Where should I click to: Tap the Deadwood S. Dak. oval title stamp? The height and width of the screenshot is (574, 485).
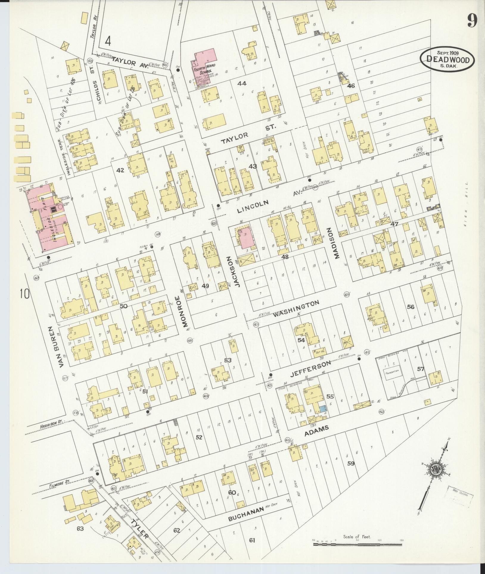coord(447,59)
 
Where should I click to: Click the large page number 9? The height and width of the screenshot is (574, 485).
coord(472,21)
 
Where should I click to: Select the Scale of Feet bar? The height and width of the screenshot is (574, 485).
coord(357,544)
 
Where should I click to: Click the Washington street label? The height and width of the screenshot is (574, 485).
coord(296,309)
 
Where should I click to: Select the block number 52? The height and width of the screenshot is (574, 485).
coord(199,437)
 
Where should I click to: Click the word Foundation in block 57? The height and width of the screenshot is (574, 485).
coord(391,372)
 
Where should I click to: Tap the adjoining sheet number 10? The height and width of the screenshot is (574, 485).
coord(25,295)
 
